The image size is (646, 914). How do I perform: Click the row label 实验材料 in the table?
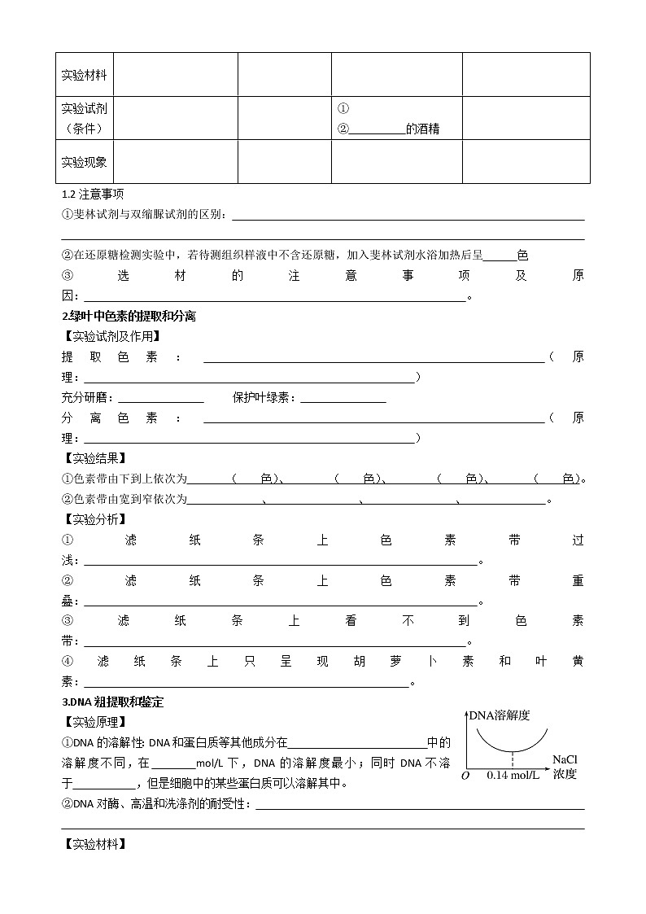coord(84,75)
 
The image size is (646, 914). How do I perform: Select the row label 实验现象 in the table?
coord(84,162)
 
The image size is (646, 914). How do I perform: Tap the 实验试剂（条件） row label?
coord(84,118)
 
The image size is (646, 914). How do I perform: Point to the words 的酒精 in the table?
coord(422,129)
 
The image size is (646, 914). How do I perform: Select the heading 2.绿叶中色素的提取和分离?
coord(129,317)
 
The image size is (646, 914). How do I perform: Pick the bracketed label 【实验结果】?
coord(94,458)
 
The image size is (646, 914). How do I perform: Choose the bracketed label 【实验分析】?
coord(94,519)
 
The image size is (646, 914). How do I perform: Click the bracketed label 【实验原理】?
coord(94,722)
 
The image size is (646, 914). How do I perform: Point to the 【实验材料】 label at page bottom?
coord(94,844)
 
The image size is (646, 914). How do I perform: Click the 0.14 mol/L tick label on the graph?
coord(513,776)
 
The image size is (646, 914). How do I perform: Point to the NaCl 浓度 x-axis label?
coord(565,767)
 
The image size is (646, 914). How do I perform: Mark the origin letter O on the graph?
coord(465,776)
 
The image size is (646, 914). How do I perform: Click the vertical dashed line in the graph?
coord(513,759)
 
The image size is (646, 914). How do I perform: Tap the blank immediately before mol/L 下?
coord(173,764)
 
